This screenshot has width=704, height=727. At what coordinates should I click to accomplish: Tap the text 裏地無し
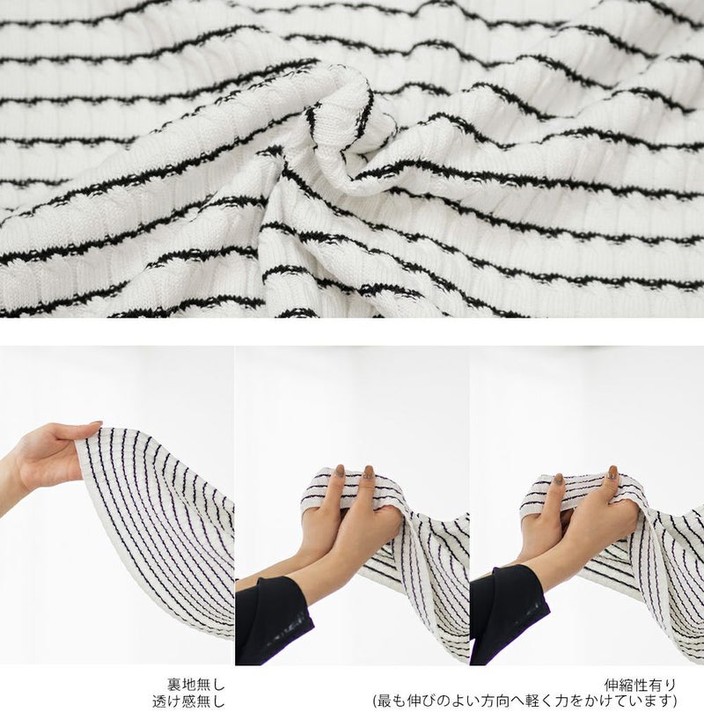(x=196, y=684)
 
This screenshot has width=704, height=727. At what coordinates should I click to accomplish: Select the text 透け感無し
(x=188, y=701)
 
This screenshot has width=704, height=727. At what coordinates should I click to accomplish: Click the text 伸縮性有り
(x=640, y=684)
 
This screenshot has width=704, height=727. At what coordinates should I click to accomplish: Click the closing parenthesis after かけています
(x=673, y=701)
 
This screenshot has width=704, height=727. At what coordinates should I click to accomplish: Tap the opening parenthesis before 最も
(x=376, y=701)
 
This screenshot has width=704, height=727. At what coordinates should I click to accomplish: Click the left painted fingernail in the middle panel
(x=341, y=472)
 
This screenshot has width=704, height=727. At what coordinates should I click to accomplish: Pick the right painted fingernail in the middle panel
(x=369, y=473)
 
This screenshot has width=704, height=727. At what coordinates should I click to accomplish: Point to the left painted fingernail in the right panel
(x=559, y=480)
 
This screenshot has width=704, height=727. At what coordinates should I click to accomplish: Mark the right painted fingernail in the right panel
(x=612, y=473)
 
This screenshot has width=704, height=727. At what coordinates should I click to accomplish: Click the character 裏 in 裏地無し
(x=174, y=684)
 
